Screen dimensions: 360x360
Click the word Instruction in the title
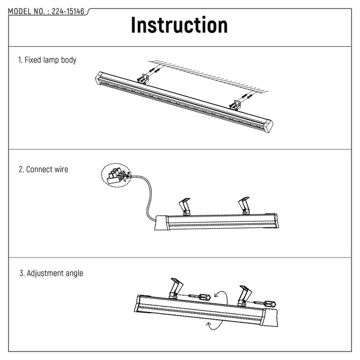click(x=179, y=25)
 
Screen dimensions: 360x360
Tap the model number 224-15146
click(x=68, y=11)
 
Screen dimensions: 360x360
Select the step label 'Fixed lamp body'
click(x=50, y=60)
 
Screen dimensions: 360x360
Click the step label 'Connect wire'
click(x=47, y=169)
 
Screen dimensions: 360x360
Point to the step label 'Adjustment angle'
click(x=55, y=273)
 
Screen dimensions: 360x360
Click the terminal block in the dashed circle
click(x=116, y=176)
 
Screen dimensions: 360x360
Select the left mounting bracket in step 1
click(x=143, y=79)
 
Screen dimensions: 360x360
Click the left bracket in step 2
click(x=184, y=206)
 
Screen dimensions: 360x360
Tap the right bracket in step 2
click(x=244, y=205)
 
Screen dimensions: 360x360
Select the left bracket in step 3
click(x=176, y=289)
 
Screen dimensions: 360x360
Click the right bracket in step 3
click(x=245, y=296)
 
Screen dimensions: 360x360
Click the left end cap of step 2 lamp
click(x=161, y=223)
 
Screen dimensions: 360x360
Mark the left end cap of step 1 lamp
click(x=99, y=77)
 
